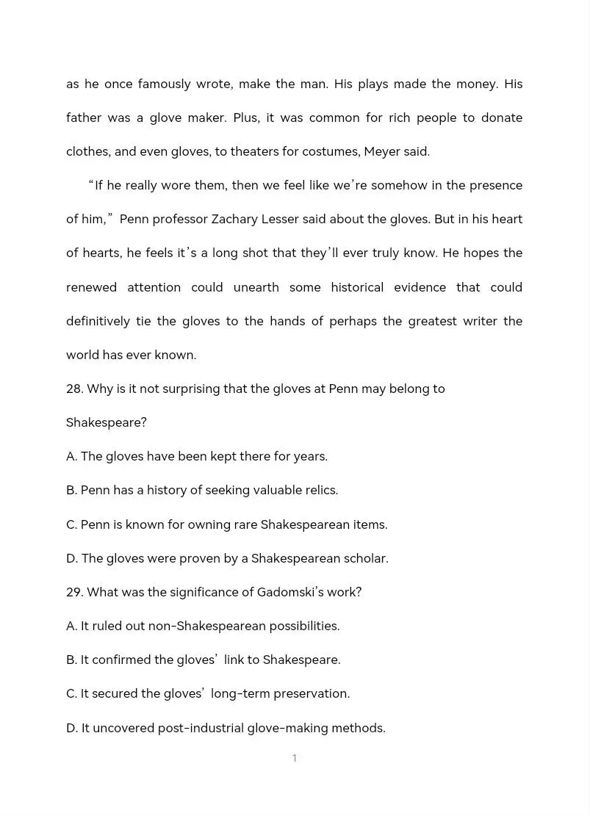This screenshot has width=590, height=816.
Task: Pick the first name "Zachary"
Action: coord(235,219)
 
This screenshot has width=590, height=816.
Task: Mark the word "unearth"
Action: coord(256,287)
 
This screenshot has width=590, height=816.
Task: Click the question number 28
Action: coord(74,389)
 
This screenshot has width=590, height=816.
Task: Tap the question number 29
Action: coord(74,592)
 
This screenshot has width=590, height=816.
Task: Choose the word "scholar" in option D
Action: coord(366,558)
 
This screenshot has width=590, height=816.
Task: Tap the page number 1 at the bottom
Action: coord(295,758)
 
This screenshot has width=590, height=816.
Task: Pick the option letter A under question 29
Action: coord(71,626)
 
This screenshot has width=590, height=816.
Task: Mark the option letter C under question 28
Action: coord(71,524)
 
